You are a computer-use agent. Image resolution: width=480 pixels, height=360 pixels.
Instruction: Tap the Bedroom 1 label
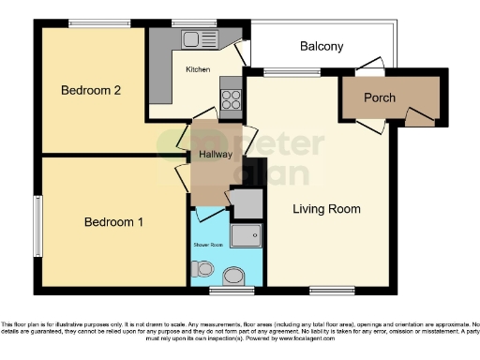(x=113, y=222)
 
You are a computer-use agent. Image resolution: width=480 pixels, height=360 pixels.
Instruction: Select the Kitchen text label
(x=198, y=69)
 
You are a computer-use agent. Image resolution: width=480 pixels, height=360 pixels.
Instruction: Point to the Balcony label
(x=322, y=46)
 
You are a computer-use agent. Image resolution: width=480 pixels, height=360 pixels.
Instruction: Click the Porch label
(x=380, y=97)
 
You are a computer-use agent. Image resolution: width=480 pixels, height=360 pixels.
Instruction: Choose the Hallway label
(x=215, y=156)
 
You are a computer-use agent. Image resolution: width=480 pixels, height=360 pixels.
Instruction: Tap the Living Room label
(x=326, y=209)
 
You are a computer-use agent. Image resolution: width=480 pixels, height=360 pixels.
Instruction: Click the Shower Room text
(x=210, y=245)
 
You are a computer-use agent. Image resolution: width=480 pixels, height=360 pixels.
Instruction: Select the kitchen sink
(x=200, y=38)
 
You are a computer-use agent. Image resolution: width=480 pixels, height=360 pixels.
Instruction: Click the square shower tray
(x=245, y=238)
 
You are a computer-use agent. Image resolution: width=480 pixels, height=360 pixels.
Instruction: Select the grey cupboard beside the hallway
(x=247, y=202)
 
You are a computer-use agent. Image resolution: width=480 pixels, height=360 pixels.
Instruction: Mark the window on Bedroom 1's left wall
(x=37, y=225)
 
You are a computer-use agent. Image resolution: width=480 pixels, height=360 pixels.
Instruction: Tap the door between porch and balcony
(x=369, y=69)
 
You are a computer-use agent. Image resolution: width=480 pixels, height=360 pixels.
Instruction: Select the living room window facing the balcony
(x=279, y=72)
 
